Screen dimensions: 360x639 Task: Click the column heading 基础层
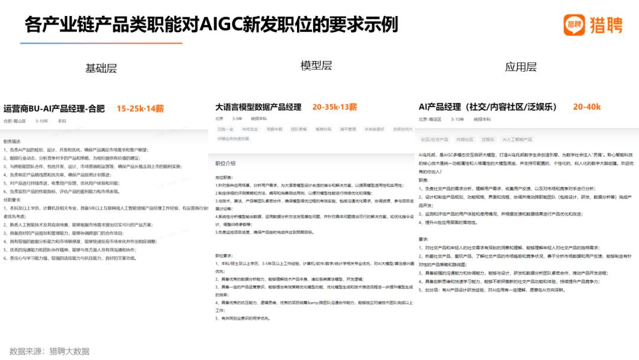(101, 68)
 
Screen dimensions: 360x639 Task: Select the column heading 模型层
(317, 66)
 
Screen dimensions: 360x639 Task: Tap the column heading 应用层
(521, 67)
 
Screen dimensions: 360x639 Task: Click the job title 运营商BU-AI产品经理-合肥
(54, 109)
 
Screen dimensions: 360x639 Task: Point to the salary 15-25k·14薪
(140, 109)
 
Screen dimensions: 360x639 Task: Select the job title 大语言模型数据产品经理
(259, 107)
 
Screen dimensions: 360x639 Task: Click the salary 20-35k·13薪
(335, 107)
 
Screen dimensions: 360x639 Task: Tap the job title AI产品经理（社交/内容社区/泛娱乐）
(488, 107)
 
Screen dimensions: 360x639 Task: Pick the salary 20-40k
(587, 107)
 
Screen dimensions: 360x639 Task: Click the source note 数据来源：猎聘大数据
(49, 351)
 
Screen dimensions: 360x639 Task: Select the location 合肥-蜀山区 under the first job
(15, 121)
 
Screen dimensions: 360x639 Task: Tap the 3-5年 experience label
(237, 119)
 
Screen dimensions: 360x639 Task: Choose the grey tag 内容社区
(464, 140)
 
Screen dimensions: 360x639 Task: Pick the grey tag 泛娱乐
(488, 140)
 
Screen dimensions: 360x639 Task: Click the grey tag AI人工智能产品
(517, 140)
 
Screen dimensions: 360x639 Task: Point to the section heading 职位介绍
(225, 163)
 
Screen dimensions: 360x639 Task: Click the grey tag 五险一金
(225, 128)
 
